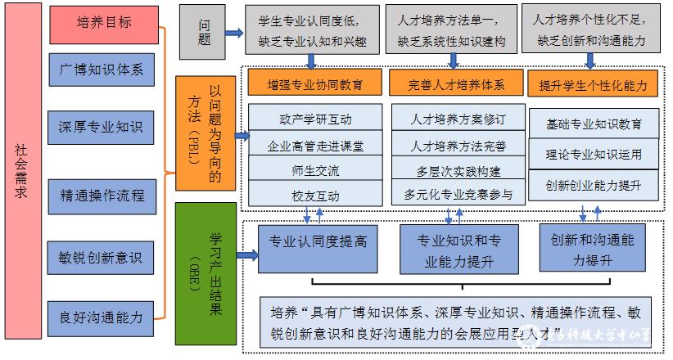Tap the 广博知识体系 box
tap(102, 70)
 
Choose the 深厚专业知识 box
tap(102, 128)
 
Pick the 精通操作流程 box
tap(102, 196)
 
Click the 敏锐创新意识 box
tap(102, 257)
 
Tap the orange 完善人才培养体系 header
tap(455, 83)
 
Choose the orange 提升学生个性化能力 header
tap(593, 83)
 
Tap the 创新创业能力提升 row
tap(593, 184)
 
